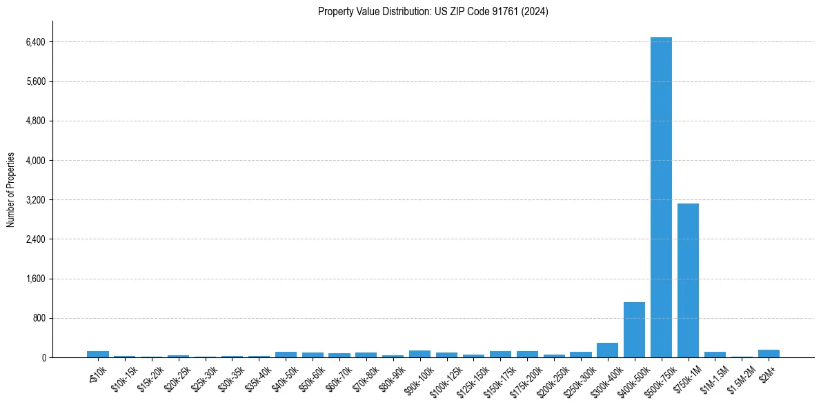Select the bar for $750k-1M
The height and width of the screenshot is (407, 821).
[x=688, y=280]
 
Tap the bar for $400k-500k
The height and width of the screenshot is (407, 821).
[x=634, y=330]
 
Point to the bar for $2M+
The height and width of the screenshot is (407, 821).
[x=769, y=354]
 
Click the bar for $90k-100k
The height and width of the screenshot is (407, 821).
[x=419, y=354]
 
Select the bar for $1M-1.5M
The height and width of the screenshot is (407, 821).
[x=715, y=355]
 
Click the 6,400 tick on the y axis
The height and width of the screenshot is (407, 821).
[x=34, y=42]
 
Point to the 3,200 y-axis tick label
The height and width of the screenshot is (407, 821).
[x=34, y=200]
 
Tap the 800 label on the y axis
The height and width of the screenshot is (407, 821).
[x=39, y=319]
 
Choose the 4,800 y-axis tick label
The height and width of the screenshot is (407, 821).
[x=34, y=121]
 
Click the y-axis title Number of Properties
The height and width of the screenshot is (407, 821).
[x=11, y=190]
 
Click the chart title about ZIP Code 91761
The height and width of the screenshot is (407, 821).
[x=433, y=12]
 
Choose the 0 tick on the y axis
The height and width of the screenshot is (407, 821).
[x=43, y=358]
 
